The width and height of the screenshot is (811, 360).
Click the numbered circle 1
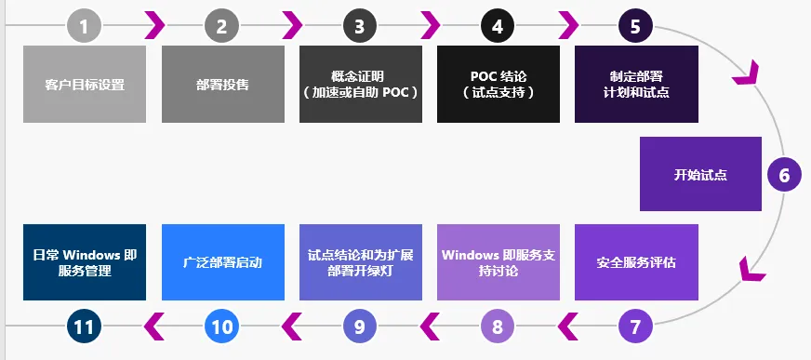pos(84,26)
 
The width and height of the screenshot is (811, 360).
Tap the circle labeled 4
pos(498,26)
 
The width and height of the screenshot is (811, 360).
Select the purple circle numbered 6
pos(783,174)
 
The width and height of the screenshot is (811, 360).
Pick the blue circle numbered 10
pos(221,327)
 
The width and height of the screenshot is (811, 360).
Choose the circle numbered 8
pos(498,327)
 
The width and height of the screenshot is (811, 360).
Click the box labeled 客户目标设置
pos(85,84)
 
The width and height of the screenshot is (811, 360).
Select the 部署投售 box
pos(222,84)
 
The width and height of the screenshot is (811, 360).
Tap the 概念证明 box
pos(360,84)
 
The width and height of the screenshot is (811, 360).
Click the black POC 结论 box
pos(498,84)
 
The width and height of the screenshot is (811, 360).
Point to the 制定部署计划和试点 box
pos(635,84)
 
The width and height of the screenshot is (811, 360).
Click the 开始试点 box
pos(700,174)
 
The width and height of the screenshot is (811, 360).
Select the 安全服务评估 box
pos(635,262)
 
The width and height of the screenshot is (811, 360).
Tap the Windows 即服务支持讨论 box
pos(498,262)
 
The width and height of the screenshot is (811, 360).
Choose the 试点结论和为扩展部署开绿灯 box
pos(360,262)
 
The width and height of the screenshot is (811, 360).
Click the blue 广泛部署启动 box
pos(222,262)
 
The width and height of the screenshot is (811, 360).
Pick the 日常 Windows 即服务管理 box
pos(85,262)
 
